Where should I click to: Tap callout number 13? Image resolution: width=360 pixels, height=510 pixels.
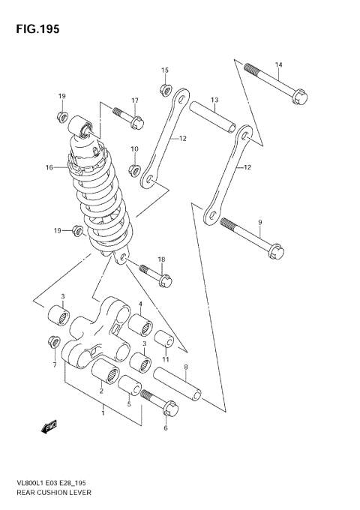[214, 100]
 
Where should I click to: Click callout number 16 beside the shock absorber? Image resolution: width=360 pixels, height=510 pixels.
[49, 168]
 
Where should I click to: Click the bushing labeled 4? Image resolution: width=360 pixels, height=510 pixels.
[142, 328]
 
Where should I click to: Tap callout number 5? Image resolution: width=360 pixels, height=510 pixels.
[128, 404]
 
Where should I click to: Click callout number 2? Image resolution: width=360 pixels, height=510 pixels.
[100, 390]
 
